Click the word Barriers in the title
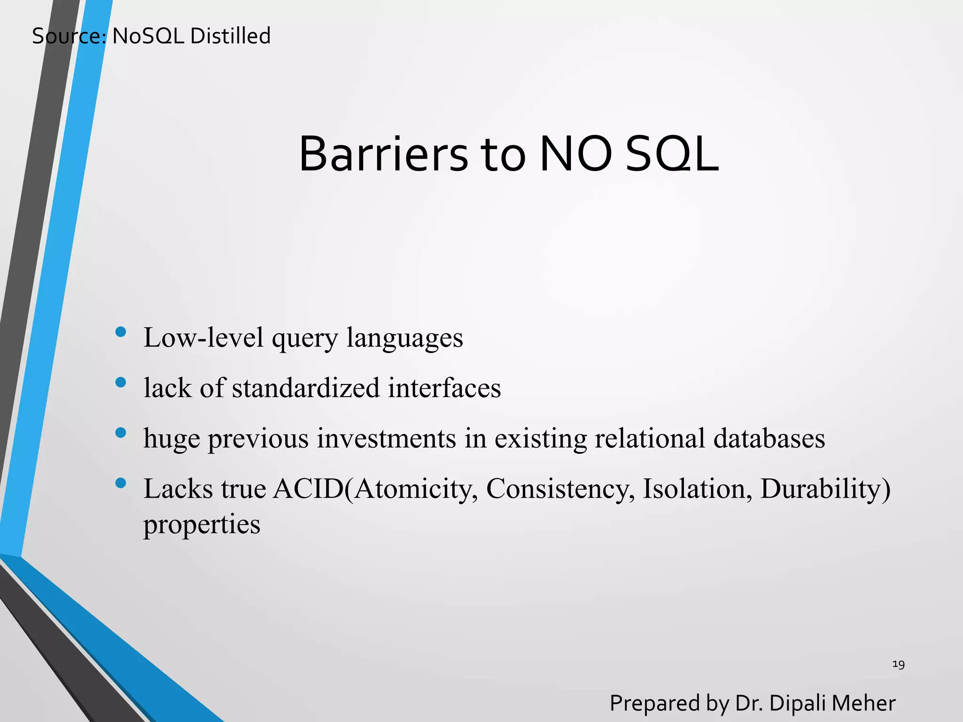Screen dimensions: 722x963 [x=383, y=155]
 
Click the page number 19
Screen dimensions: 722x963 [x=898, y=664]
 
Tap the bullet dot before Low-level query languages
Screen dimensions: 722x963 [x=121, y=332]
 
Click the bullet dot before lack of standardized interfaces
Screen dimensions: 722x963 [x=121, y=382]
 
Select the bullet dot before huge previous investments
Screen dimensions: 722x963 [x=121, y=432]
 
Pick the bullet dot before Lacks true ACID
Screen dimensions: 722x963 [x=121, y=483]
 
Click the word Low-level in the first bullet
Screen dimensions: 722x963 [x=204, y=337]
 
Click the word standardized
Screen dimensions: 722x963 [x=306, y=388]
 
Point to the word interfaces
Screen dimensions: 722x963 [x=444, y=388]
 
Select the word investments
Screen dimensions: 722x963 [x=386, y=439]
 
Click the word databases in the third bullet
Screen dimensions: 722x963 [x=769, y=439]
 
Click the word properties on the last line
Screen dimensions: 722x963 [x=202, y=525]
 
